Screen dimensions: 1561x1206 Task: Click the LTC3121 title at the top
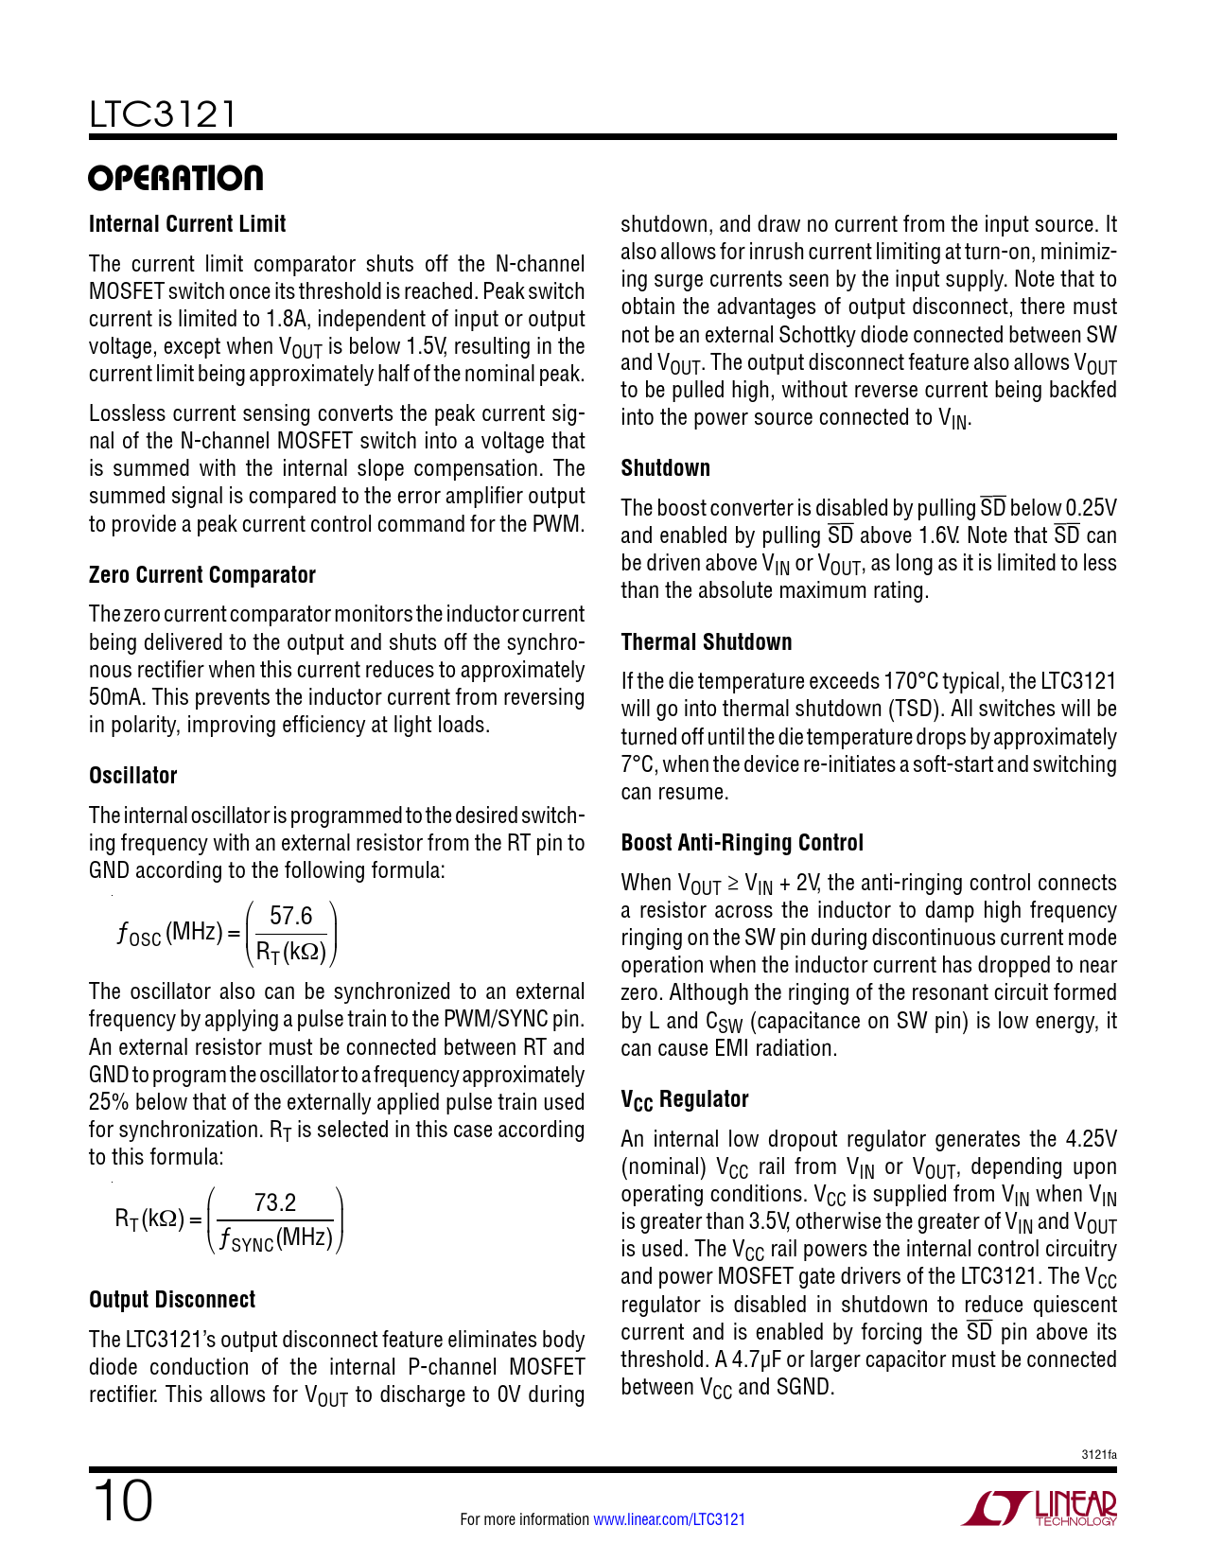click(163, 114)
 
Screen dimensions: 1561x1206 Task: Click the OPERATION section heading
click(176, 178)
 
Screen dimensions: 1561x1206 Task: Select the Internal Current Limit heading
click(187, 224)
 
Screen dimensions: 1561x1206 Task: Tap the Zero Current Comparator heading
click(201, 575)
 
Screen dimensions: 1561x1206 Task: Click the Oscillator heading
click(133, 776)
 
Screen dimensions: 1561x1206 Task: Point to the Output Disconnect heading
click(172, 1300)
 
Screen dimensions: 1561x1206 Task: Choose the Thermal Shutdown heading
click(707, 642)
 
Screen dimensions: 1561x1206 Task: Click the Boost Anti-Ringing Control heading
click(743, 843)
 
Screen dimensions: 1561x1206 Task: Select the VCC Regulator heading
click(685, 1099)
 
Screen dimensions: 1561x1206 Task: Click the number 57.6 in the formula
click(290, 916)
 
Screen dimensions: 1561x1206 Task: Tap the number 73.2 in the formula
click(275, 1203)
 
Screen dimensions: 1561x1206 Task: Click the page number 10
click(123, 1501)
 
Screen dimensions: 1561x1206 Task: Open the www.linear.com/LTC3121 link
click(669, 1519)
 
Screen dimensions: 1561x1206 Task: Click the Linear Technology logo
click(1040, 1508)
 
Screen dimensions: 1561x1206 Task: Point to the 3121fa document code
click(1098, 1455)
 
